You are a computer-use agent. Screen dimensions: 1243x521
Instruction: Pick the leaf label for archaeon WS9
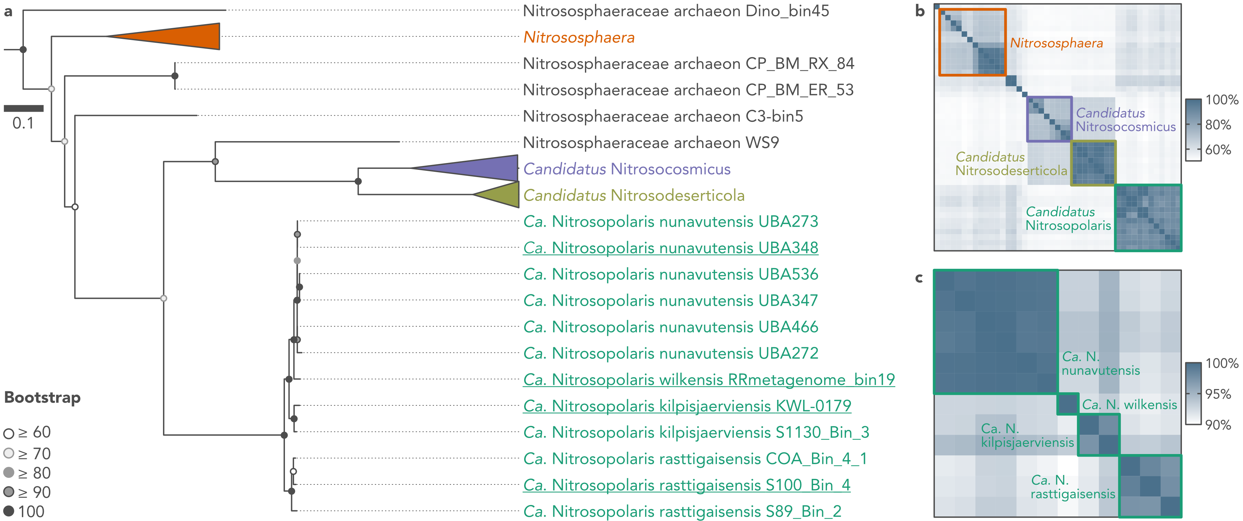[651, 143]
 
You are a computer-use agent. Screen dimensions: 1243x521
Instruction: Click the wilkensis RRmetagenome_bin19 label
[709, 380]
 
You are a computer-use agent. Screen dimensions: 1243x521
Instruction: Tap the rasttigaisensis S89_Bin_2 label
[682, 511]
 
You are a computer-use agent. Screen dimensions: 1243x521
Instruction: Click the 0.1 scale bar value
[23, 123]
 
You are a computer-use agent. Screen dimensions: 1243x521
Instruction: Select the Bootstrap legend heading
[42, 398]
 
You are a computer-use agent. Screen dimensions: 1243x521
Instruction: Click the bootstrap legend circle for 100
[9, 511]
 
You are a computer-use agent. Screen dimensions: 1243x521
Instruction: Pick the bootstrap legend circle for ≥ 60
[9, 433]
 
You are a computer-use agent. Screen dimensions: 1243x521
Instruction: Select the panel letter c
[919, 278]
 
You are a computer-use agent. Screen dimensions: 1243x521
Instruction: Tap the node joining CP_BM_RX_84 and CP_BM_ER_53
[175, 76]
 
